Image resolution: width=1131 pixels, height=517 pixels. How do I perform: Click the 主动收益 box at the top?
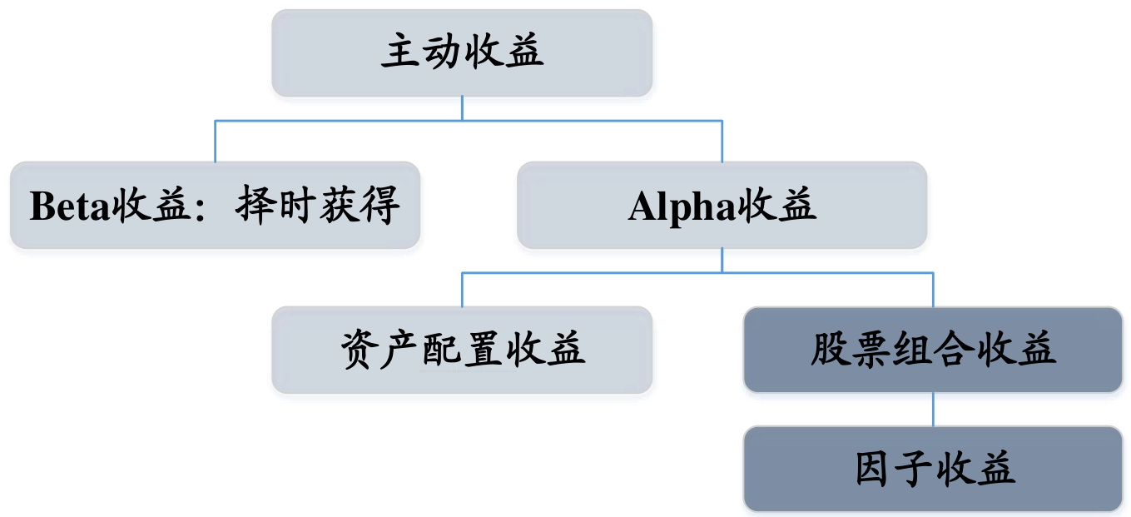pyautogui.click(x=462, y=52)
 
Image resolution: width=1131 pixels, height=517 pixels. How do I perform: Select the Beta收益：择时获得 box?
pyautogui.click(x=215, y=205)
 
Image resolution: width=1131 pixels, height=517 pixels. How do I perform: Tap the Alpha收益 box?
pyautogui.click(x=722, y=205)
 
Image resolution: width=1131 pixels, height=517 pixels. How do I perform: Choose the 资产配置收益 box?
pyautogui.click(x=462, y=350)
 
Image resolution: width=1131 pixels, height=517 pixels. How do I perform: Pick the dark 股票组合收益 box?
pyautogui.click(x=933, y=350)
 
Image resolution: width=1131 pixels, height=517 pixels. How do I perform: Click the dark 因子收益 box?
pyautogui.click(x=933, y=469)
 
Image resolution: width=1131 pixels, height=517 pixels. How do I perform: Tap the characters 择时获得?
pyautogui.click(x=319, y=206)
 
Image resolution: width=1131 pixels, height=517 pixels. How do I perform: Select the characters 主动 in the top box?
pyautogui.click(x=421, y=52)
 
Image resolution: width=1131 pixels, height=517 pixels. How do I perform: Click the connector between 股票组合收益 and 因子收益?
pyautogui.click(x=933, y=409)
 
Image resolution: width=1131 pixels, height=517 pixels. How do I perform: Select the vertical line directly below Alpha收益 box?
pyautogui.click(x=722, y=260)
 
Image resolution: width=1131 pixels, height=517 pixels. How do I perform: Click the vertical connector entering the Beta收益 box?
pyautogui.click(x=215, y=142)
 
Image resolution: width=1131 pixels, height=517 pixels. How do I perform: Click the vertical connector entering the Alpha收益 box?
pyautogui.click(x=722, y=142)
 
